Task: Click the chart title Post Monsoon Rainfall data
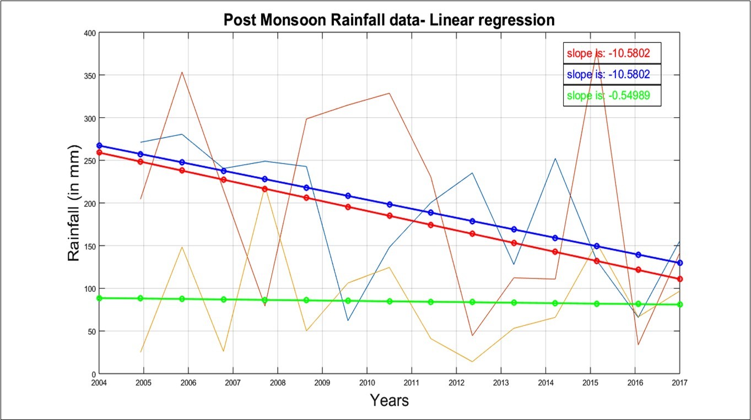(x=388, y=20)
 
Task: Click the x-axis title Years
(x=389, y=400)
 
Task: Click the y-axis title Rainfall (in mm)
(x=75, y=203)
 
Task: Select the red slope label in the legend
(x=608, y=54)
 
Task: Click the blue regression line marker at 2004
(x=99, y=146)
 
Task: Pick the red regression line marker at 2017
(x=680, y=279)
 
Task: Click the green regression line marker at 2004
(x=99, y=298)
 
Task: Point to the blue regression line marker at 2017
(x=680, y=263)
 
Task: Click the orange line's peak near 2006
(x=182, y=72)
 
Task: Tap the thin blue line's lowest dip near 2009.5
(x=348, y=320)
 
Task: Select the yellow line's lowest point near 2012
(x=472, y=362)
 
